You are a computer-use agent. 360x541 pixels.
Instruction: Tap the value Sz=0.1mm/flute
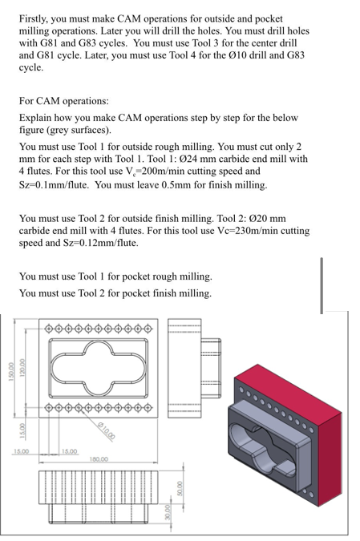(x=55, y=184)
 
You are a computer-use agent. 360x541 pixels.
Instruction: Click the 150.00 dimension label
(x=9, y=373)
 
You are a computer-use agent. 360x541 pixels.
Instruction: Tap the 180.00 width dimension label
(x=99, y=459)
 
